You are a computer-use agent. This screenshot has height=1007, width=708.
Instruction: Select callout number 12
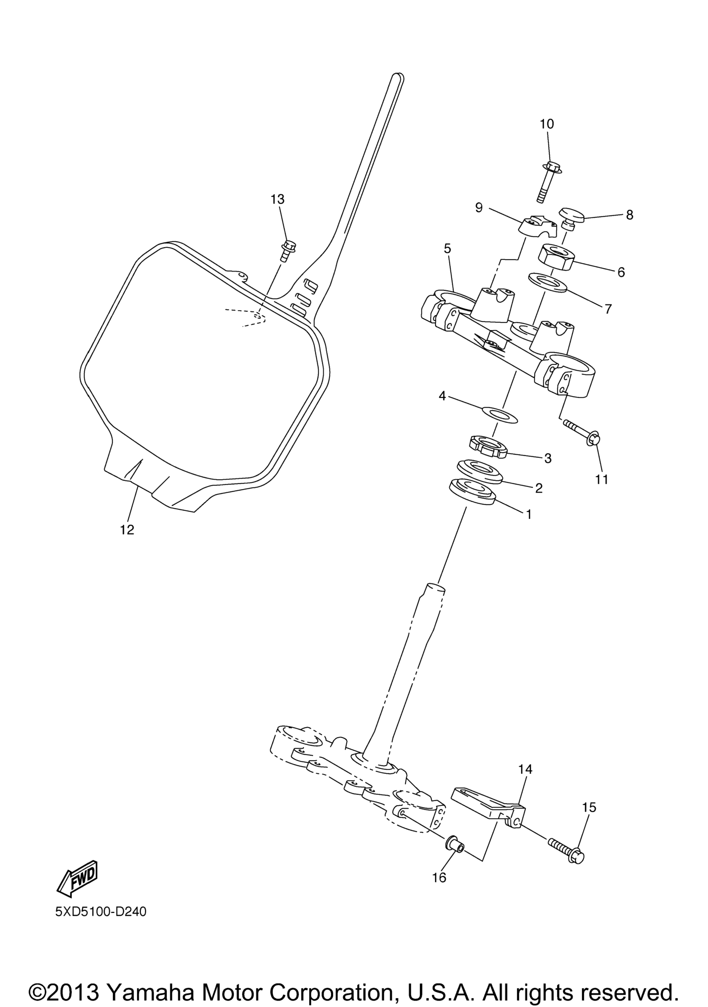click(x=127, y=530)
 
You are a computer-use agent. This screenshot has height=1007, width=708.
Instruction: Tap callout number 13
click(x=277, y=200)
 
